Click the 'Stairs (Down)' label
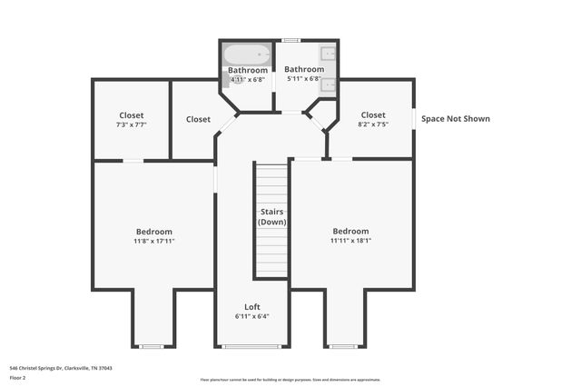point(271,217)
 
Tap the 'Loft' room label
point(251,306)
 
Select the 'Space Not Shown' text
point(456,118)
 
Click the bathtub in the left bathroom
point(247,55)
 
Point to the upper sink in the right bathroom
point(329,55)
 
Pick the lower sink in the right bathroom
point(329,85)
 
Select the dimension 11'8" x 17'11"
point(153,242)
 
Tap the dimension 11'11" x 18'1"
point(350,241)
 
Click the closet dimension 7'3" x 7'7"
point(131,124)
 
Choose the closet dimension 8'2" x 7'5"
point(373,124)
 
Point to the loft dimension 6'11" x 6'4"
point(251,316)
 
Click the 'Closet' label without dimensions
point(198,119)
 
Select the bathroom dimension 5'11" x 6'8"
point(304,79)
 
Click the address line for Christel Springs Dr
point(60,368)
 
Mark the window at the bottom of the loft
point(251,346)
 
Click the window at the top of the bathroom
point(290,40)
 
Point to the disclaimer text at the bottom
point(290,380)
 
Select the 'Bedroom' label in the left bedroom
point(153,232)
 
